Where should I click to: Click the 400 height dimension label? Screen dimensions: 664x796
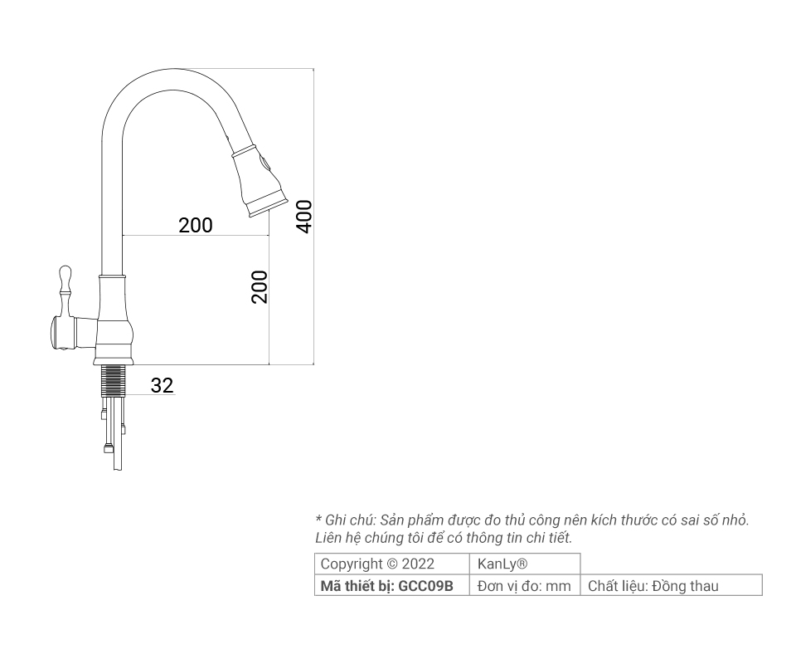304,216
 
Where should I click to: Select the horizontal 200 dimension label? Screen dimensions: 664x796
196,225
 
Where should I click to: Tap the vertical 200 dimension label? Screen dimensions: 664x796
260,286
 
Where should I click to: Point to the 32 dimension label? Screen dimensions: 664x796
163,385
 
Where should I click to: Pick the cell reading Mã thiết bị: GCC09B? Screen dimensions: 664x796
387,586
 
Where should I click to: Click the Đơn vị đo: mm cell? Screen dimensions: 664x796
525,586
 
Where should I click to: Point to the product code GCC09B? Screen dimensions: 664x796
426,586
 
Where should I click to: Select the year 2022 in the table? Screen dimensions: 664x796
418,564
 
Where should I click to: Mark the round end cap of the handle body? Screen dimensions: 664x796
56,332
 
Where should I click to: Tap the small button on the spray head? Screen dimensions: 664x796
265,164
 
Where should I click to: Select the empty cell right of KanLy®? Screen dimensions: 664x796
671,564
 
